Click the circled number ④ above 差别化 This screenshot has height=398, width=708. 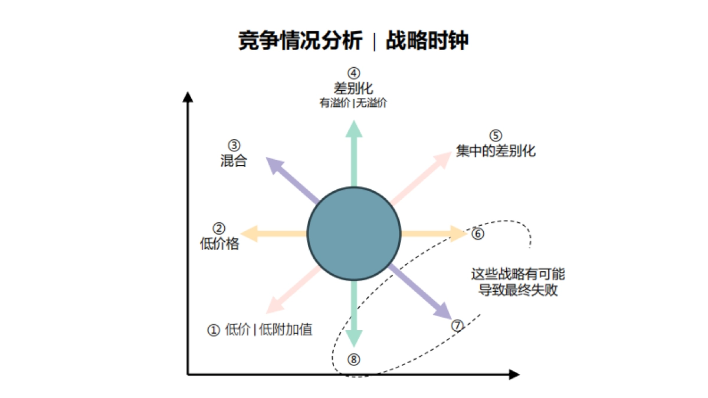point(353,74)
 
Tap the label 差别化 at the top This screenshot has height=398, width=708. point(353,88)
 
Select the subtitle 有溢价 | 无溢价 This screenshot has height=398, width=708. point(353,103)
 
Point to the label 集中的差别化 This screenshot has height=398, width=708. point(496,150)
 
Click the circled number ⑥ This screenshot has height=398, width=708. point(478,233)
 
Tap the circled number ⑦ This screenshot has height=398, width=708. point(457,325)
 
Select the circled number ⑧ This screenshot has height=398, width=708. point(353,358)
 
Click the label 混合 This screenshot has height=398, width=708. point(234,160)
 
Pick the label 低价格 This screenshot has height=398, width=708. point(219,244)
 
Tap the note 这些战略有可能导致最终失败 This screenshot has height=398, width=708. point(518,282)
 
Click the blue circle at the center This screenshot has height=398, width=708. point(354,233)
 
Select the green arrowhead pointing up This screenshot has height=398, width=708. point(354,127)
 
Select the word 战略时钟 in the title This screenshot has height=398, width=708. point(428,41)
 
